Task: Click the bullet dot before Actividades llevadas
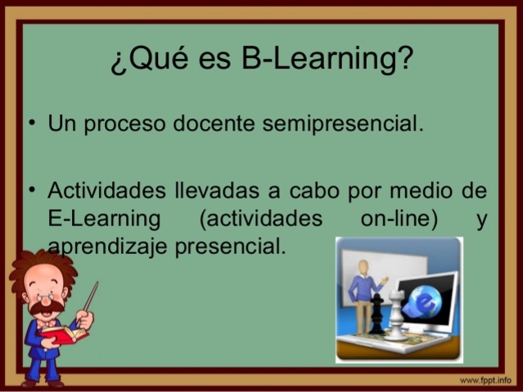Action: (x=30, y=190)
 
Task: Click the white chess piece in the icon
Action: (x=396, y=314)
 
